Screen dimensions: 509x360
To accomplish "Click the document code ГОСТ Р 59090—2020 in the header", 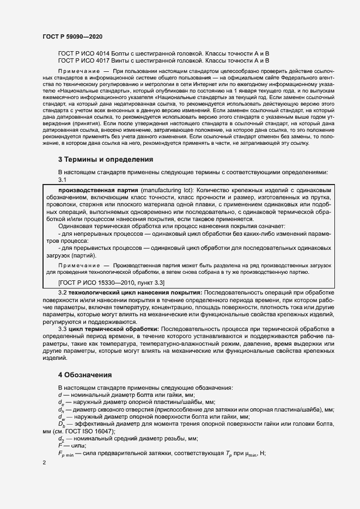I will (x=72, y=36).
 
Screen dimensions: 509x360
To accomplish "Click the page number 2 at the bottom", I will (x=44, y=462).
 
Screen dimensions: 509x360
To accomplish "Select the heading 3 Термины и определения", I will (x=105, y=160).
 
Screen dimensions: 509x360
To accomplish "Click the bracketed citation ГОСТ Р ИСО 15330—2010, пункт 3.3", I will (x=112, y=282).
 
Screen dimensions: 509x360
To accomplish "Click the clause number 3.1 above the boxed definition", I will (x=62, y=180).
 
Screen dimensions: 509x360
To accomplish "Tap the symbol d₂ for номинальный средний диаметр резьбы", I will (x=61, y=439).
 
